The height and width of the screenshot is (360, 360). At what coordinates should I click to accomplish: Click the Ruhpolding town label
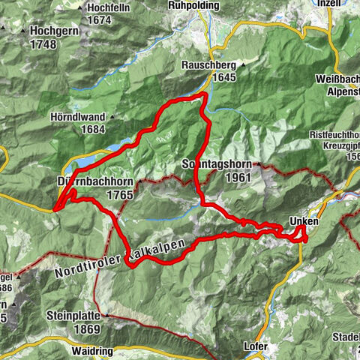coord(193,5)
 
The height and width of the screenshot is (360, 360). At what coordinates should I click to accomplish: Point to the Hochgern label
coord(55,32)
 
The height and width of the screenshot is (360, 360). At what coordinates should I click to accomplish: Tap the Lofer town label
coord(255,346)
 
